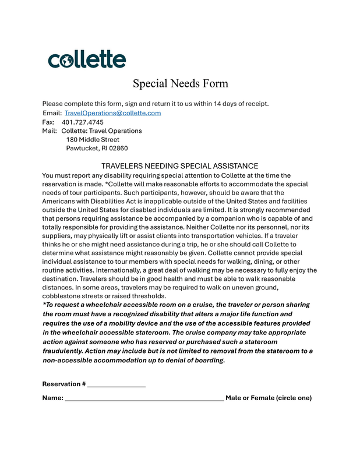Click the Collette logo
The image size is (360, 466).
pos(87,59)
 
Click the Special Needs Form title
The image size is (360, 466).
pos(180,83)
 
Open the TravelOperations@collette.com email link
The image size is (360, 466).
pos(112,113)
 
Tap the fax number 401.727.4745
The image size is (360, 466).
pos(82,122)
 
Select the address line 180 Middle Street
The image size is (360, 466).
pos(93,140)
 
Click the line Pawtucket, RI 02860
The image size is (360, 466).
pos(97,149)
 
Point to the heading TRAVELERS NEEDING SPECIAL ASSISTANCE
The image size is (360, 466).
pos(179,166)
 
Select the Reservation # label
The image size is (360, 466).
pos(64,384)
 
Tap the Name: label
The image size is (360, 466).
pos(52,398)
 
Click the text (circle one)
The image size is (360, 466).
pos(294,398)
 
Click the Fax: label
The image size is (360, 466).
pos(48,122)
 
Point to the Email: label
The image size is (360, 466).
pos(52,113)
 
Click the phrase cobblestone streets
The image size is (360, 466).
pos(70,296)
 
